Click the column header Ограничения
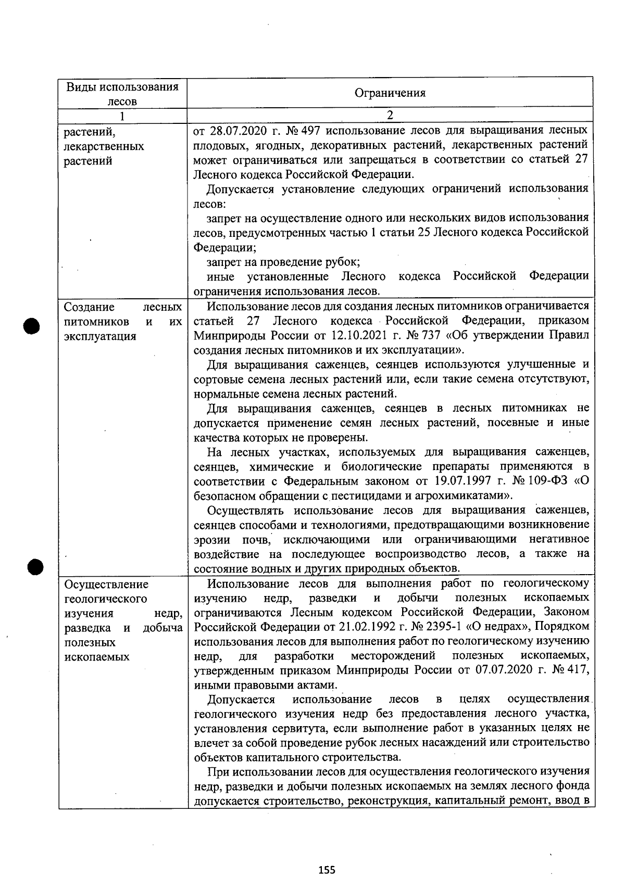click(390, 93)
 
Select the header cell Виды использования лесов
click(122, 94)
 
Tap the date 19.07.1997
click(456, 480)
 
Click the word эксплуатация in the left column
click(100, 336)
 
